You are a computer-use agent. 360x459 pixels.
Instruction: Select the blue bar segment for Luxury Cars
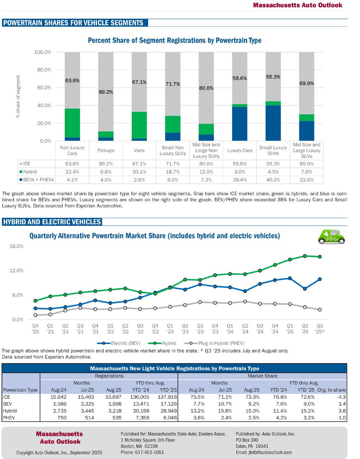tap(239, 123)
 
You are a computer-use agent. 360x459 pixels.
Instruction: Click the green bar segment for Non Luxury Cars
tap(72, 123)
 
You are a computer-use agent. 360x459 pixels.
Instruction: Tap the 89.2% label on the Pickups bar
tap(106, 92)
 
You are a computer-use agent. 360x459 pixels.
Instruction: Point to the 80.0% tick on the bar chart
tap(43, 70)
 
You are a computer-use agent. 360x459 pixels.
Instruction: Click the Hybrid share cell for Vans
tap(139, 172)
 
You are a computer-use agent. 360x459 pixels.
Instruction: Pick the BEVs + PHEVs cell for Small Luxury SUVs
tap(273, 180)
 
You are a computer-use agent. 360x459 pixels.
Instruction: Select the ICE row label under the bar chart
tap(27, 164)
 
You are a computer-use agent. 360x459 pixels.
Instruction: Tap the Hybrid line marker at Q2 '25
tap(305, 256)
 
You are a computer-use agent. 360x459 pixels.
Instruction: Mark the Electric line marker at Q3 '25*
tap(320, 279)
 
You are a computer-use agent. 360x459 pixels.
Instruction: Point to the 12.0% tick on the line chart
tap(16, 271)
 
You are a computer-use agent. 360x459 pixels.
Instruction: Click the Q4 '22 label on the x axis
tap(155, 328)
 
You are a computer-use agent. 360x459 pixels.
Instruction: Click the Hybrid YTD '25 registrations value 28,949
tap(169, 411)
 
